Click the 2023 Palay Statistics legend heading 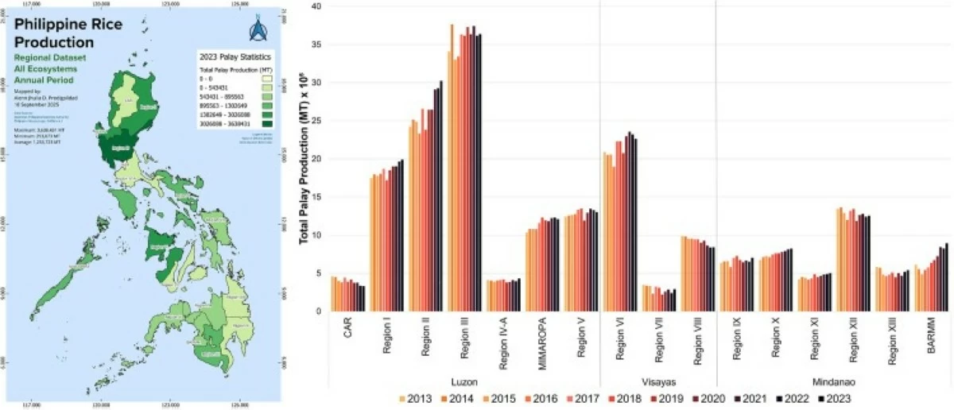[x=235, y=58]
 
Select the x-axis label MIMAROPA [x=540, y=346]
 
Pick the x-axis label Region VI [x=619, y=344]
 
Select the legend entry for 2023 [x=840, y=399]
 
